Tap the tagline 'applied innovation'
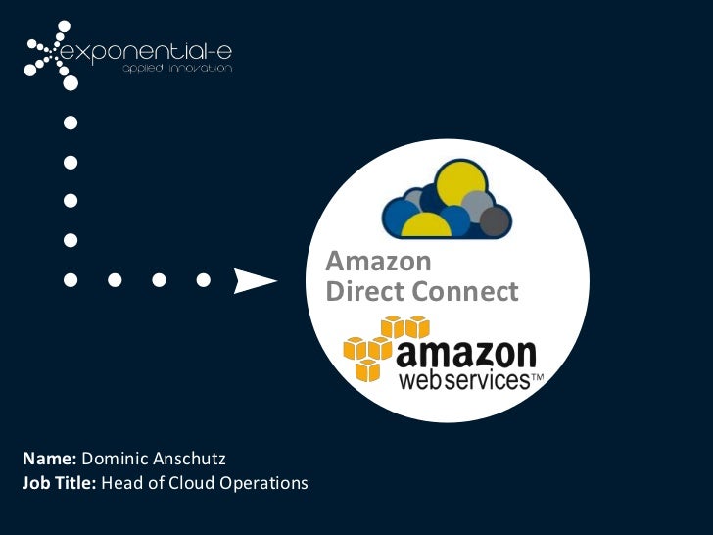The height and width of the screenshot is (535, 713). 176,70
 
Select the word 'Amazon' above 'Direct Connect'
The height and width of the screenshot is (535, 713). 378,263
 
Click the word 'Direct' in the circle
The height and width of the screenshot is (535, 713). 363,292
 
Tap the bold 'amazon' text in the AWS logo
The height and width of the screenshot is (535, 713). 466,354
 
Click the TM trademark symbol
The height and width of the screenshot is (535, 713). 537,376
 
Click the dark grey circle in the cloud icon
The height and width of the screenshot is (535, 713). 496,221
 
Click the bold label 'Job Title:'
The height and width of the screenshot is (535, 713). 58,482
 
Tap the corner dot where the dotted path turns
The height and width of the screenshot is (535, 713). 70,280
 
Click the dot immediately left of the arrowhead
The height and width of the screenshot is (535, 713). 203,280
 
